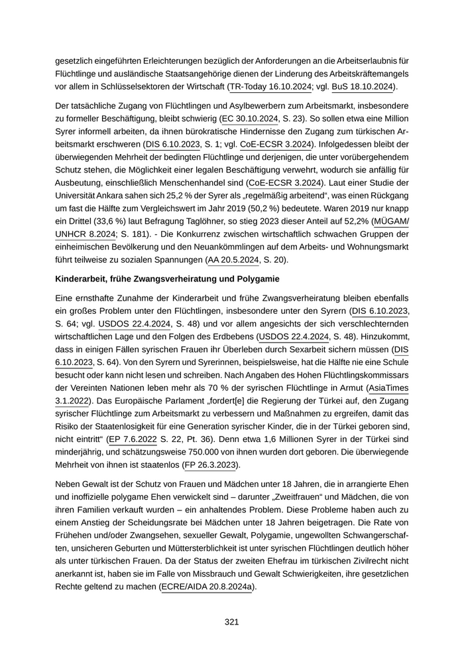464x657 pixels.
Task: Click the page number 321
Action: pos(231,622)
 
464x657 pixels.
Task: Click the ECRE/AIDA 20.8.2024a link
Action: pos(207,587)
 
